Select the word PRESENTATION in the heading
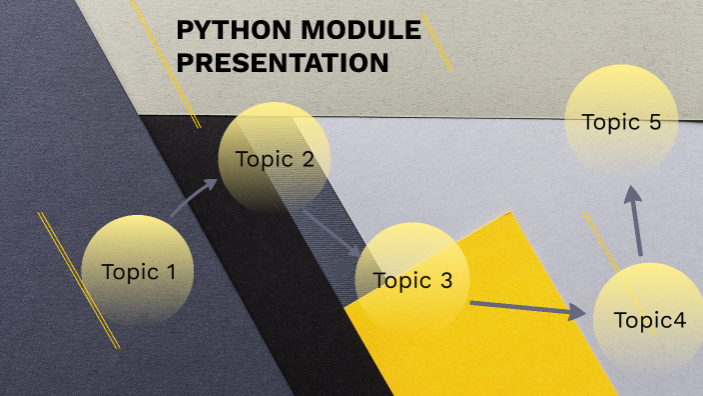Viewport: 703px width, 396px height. tap(283, 63)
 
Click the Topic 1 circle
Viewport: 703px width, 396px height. tap(137, 270)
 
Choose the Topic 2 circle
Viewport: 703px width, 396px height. tap(275, 158)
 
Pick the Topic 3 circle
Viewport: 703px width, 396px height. tap(412, 280)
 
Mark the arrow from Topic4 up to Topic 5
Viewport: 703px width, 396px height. tap(635, 222)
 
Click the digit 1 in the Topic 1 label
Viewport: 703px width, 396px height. tap(171, 270)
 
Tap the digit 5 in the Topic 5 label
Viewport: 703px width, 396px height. tap(655, 122)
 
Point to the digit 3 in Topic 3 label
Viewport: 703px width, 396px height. tap(446, 280)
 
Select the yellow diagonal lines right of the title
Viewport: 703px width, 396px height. tap(436, 43)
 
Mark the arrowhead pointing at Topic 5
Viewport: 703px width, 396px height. tap(632, 195)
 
